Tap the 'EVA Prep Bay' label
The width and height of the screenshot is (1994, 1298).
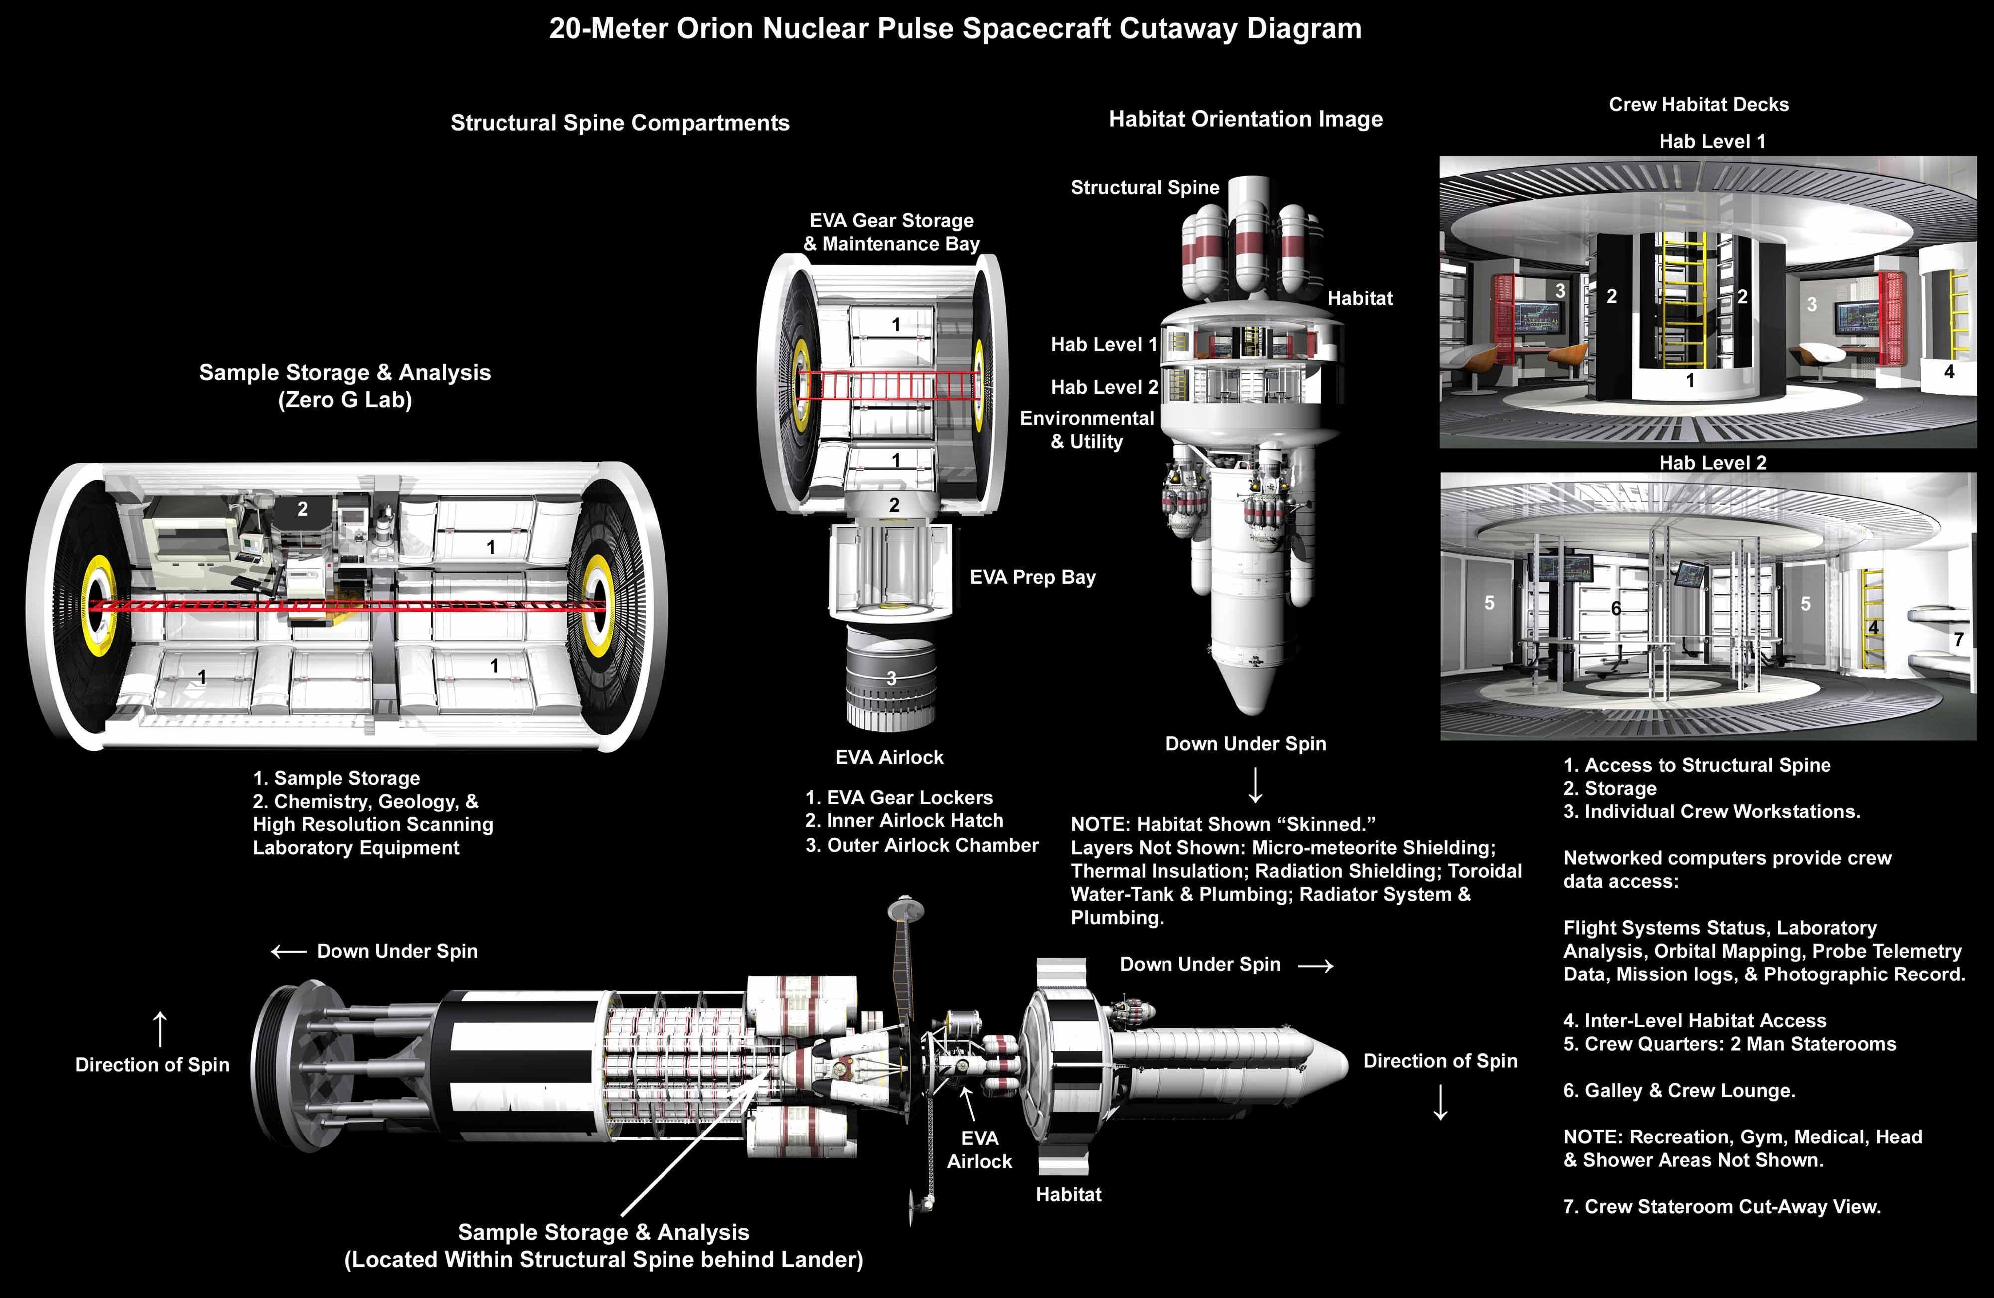click(x=1032, y=577)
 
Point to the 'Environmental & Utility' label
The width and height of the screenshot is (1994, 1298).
click(x=1087, y=429)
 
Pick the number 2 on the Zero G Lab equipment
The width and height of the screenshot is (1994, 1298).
click(x=303, y=508)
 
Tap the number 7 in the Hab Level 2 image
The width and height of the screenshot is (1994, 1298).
click(x=1959, y=640)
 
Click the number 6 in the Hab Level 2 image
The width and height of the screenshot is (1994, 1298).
click(x=1615, y=608)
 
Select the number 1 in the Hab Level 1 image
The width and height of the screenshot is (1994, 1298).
click(x=1690, y=380)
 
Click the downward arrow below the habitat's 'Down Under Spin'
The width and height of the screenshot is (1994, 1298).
click(x=1255, y=785)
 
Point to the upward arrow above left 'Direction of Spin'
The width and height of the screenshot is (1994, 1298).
click(x=159, y=1028)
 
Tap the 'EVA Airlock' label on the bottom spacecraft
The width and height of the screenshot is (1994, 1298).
click(x=980, y=1149)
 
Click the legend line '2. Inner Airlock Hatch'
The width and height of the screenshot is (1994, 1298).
click(x=904, y=821)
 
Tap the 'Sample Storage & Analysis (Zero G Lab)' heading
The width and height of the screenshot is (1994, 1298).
click(x=344, y=385)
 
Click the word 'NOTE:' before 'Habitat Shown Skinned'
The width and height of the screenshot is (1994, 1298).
click(x=1100, y=824)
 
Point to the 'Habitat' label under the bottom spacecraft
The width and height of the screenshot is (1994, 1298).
click(x=1068, y=1195)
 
